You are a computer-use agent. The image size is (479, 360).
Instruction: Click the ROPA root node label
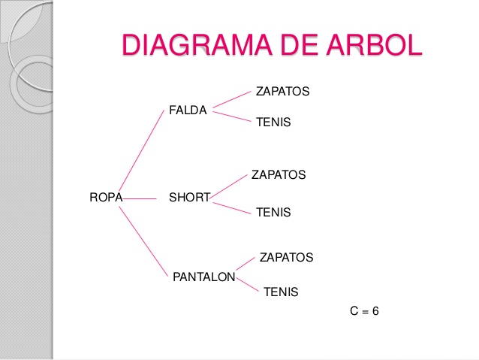point(105,198)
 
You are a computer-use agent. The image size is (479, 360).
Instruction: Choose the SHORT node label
point(189,198)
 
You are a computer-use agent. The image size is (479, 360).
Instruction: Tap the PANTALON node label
point(204,277)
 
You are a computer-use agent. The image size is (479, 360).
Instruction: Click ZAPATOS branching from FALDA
point(282,91)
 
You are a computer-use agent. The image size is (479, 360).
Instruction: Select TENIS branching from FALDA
point(273,121)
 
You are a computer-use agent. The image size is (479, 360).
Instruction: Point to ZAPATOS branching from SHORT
point(278,174)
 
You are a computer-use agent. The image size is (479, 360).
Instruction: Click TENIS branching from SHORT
point(273,213)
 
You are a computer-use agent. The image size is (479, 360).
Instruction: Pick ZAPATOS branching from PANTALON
point(286,258)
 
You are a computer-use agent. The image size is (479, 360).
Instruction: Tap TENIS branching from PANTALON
point(281,292)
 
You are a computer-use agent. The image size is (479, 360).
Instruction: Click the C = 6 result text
point(365,310)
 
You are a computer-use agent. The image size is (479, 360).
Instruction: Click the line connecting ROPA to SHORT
point(139,199)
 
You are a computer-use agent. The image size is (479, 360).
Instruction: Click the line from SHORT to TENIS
point(231,207)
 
